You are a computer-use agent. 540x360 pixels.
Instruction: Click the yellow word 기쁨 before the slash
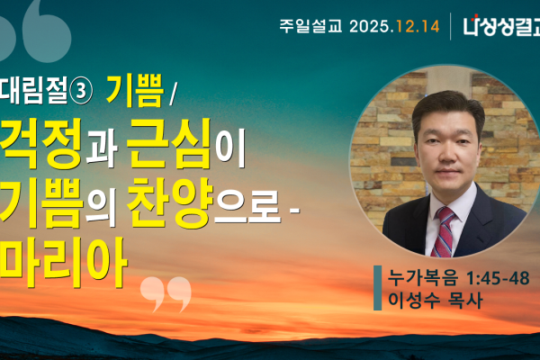(x=133, y=89)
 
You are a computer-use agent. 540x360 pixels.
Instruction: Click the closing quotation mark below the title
(x=166, y=293)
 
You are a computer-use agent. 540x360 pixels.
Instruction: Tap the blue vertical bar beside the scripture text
(x=378, y=288)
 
